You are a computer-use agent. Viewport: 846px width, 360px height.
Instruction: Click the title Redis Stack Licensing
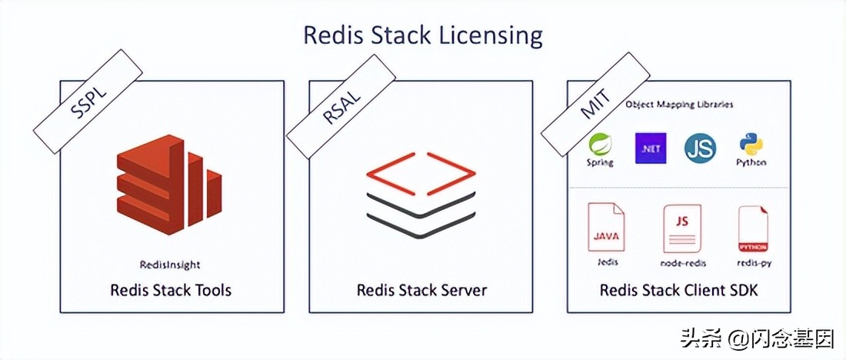pos(423,35)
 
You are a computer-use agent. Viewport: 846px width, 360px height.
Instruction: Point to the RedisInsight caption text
pos(171,265)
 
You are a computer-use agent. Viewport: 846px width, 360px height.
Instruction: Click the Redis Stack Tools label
pos(171,290)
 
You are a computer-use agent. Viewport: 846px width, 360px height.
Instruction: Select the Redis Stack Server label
pos(421,290)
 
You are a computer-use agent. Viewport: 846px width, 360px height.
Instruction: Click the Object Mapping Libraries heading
pos(679,104)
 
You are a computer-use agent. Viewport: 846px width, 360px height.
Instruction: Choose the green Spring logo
pos(600,148)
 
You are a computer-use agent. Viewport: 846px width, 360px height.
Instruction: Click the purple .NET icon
pos(651,148)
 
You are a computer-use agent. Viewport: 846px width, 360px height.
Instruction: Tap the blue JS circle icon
pos(701,148)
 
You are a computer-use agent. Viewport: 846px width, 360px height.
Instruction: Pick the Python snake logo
pos(751,147)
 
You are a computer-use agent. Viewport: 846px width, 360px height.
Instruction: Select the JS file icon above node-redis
pos(681,228)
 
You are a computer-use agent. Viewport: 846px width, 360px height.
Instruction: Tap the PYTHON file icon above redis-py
pos(753,229)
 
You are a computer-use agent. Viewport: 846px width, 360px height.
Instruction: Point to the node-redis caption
pos(683,263)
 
